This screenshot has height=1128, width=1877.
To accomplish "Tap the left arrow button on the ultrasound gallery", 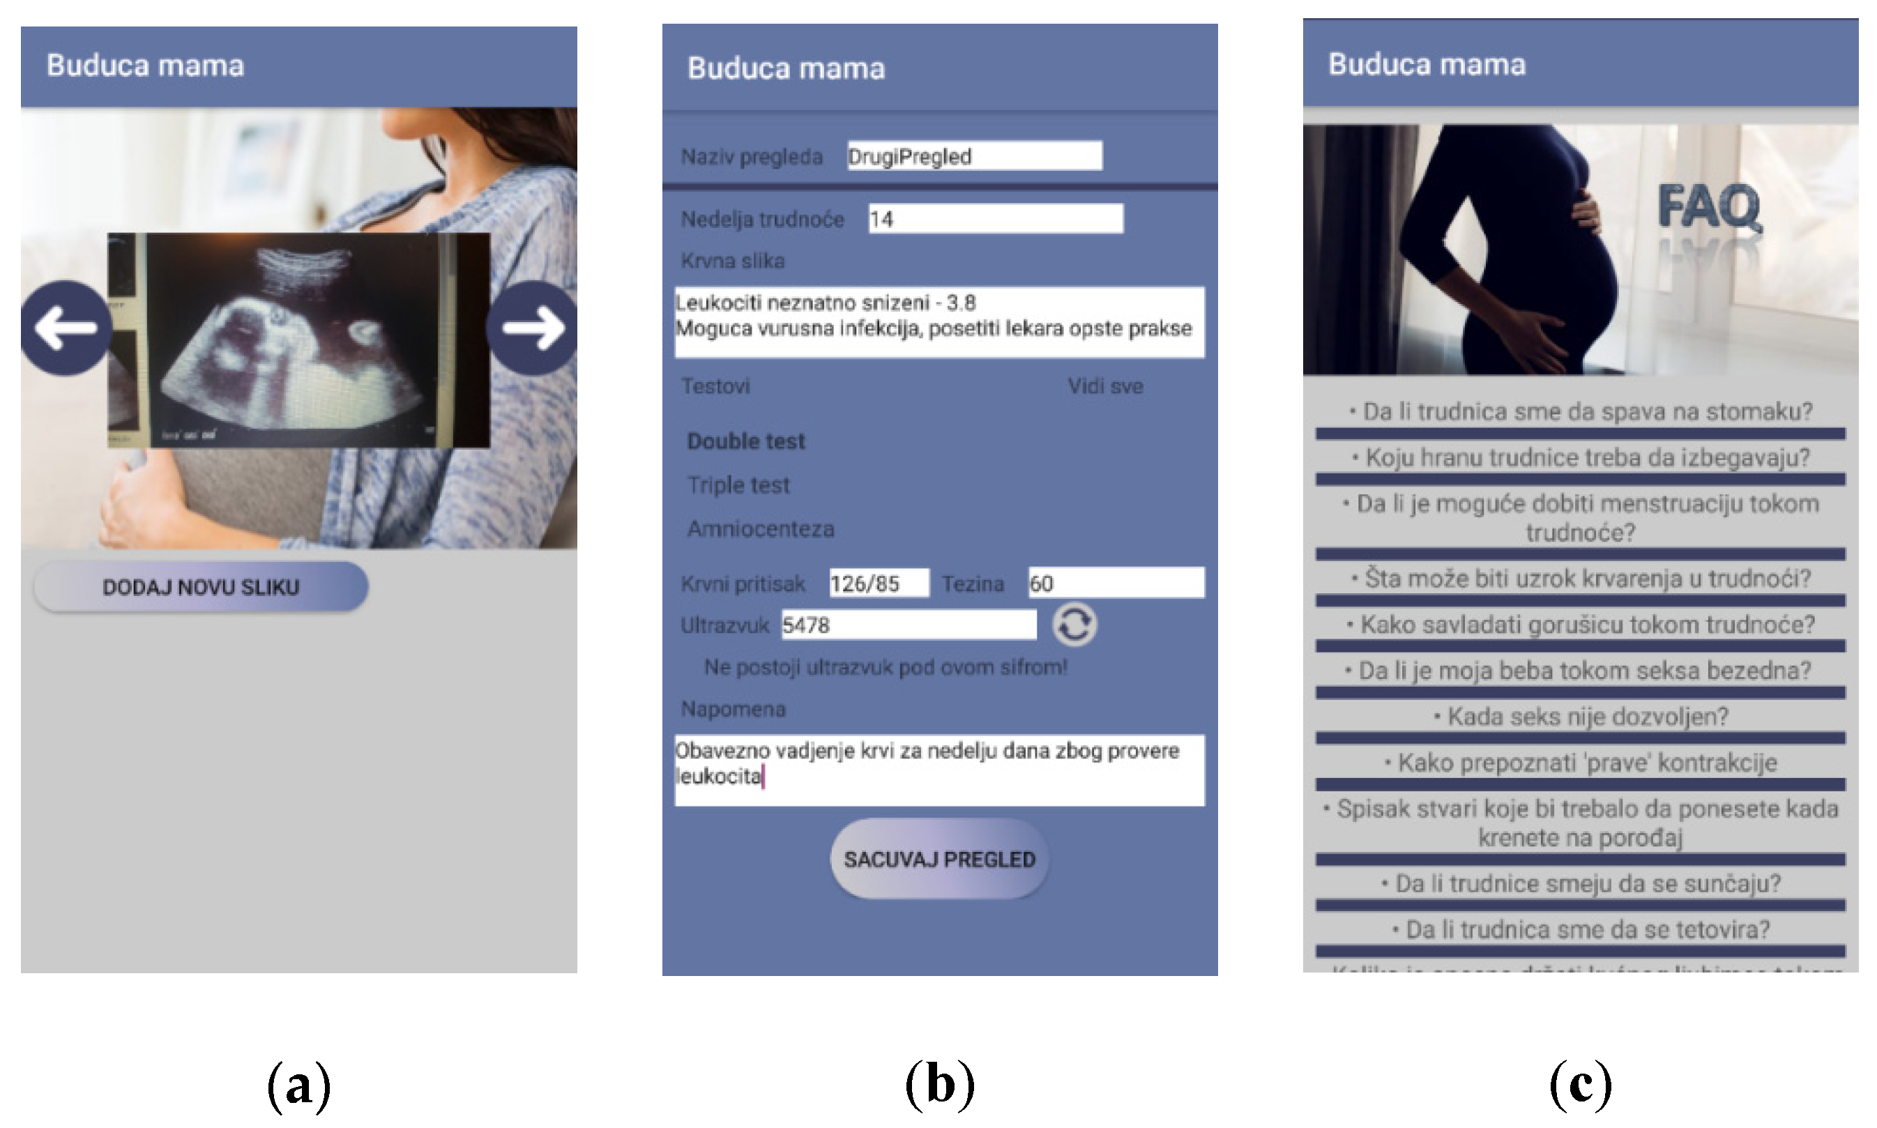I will [x=66, y=328].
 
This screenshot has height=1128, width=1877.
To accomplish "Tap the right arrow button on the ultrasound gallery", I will [x=533, y=328].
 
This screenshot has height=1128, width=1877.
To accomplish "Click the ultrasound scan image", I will [x=298, y=340].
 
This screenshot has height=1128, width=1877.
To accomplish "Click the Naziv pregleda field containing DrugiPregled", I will [x=974, y=156].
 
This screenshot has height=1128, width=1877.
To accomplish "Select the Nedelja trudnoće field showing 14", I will [x=995, y=219].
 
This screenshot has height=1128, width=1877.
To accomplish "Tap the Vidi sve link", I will [x=1104, y=386].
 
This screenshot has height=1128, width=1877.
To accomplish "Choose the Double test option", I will [x=746, y=441].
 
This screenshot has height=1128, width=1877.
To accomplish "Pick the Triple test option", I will [x=738, y=485].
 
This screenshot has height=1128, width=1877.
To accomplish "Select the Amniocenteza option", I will [x=760, y=529].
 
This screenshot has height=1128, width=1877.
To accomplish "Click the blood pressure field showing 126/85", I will [x=878, y=583].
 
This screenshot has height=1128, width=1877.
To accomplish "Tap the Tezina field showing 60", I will [x=1115, y=583].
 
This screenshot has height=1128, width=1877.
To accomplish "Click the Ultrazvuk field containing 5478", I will [x=908, y=625].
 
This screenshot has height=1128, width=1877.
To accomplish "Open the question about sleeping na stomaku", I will [x=1581, y=412].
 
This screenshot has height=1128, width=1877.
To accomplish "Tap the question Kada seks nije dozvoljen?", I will [x=1581, y=717].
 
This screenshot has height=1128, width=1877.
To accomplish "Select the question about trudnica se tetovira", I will [x=1581, y=929].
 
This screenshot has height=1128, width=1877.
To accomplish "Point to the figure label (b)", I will [x=940, y=1084].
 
